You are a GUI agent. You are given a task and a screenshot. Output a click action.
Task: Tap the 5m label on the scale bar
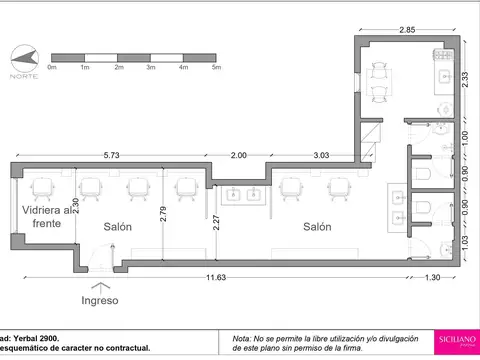tap(215, 68)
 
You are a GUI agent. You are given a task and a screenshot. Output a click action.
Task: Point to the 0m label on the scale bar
tap(52, 68)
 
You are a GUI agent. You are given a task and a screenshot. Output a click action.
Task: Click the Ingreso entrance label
tap(99, 300)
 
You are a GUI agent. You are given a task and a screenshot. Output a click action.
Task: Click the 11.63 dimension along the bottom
tap(207, 276)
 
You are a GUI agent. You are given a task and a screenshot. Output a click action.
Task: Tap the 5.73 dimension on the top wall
tap(112, 155)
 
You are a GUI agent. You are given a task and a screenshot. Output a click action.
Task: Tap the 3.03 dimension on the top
tap(322, 155)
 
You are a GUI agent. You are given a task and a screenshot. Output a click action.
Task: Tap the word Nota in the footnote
tap(243, 337)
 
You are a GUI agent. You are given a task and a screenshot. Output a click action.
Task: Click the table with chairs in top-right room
tap(377, 80)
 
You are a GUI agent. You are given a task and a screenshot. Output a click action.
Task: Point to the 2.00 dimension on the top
tap(239, 155)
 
